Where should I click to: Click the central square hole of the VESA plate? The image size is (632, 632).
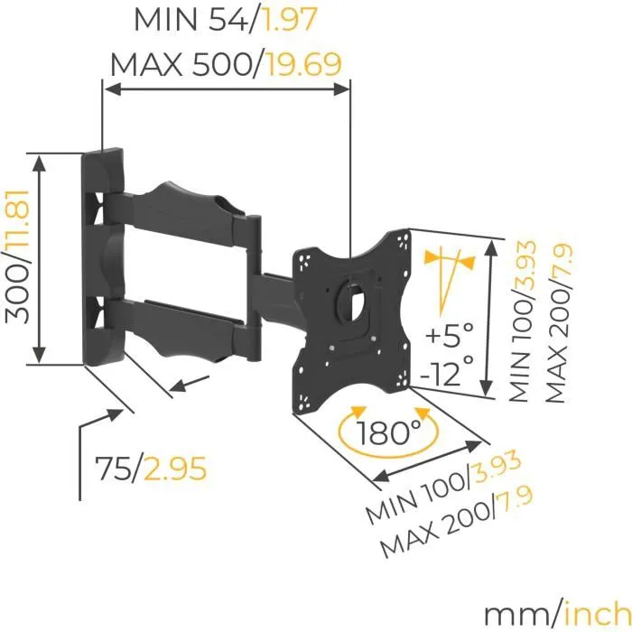353,296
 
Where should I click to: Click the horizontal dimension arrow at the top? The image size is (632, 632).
226,88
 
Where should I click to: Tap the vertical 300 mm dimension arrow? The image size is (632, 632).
38,258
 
